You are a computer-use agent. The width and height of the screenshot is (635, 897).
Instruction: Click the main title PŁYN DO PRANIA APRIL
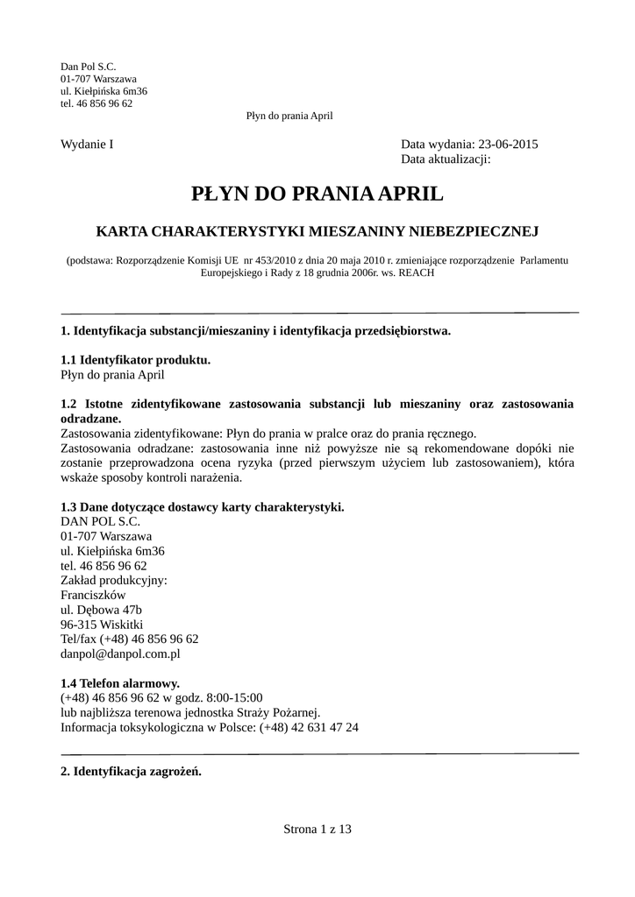click(317, 193)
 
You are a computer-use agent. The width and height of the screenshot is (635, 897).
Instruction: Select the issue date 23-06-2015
click(507, 145)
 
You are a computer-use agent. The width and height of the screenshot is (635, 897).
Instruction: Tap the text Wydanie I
click(87, 145)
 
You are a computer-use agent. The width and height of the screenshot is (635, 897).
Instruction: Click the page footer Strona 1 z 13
click(317, 829)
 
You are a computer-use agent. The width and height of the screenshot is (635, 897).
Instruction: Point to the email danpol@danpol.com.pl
click(120, 653)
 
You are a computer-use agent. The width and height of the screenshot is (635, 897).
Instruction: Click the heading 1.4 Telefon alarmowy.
click(120, 682)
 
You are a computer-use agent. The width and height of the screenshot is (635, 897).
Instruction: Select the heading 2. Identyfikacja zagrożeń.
click(132, 772)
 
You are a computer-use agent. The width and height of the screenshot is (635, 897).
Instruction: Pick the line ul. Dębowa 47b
click(101, 610)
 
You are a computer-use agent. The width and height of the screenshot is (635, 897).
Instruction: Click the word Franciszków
click(95, 595)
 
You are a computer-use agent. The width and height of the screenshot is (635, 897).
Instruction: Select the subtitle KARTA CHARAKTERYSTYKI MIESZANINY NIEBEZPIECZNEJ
click(317, 231)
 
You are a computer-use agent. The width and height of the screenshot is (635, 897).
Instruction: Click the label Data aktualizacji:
click(446, 159)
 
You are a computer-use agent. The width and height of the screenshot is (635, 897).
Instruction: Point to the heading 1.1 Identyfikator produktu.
click(135, 359)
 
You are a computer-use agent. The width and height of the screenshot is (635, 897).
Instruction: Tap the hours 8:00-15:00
click(231, 697)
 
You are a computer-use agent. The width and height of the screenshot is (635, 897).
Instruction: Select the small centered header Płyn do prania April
click(289, 116)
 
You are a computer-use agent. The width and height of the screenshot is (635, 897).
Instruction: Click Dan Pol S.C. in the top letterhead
click(88, 66)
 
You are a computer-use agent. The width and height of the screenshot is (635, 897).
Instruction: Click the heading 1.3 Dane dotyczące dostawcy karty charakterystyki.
click(202, 506)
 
